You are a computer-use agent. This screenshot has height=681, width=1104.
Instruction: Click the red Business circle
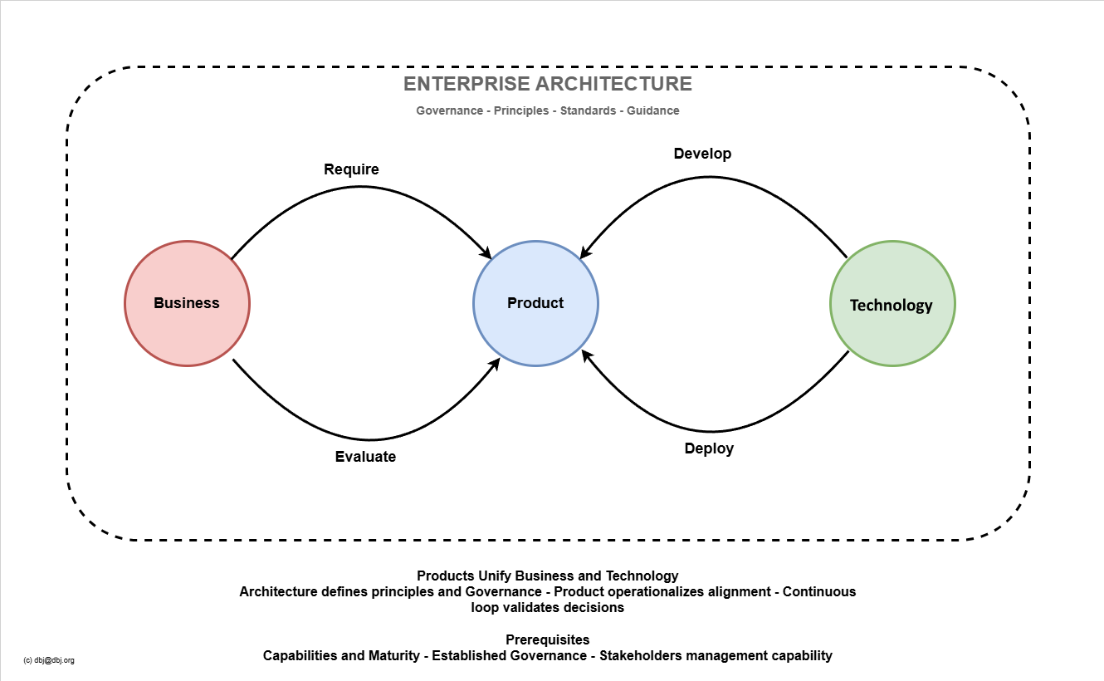[x=187, y=303]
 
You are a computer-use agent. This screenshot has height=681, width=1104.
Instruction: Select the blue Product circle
[x=535, y=303]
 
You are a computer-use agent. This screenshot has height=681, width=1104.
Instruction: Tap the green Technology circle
[x=892, y=304]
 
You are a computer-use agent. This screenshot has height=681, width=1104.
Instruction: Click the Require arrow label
[x=351, y=169]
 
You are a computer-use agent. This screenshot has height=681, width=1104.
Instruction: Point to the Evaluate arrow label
[x=365, y=457]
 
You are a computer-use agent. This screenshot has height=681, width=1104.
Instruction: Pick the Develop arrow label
[x=702, y=154]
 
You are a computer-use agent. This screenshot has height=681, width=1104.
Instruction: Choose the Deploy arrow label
[x=709, y=449]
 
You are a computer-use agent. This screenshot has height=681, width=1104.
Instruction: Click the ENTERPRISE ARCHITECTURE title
[x=548, y=84]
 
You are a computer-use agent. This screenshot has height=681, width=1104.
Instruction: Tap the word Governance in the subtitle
[x=449, y=110]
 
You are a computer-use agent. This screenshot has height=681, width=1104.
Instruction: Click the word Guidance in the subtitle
[x=653, y=110]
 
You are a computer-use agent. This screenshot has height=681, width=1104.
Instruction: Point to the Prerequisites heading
[x=548, y=639]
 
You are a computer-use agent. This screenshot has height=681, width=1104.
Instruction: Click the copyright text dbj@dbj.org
[x=50, y=660]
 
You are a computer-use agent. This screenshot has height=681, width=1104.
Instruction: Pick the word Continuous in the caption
[x=819, y=591]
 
